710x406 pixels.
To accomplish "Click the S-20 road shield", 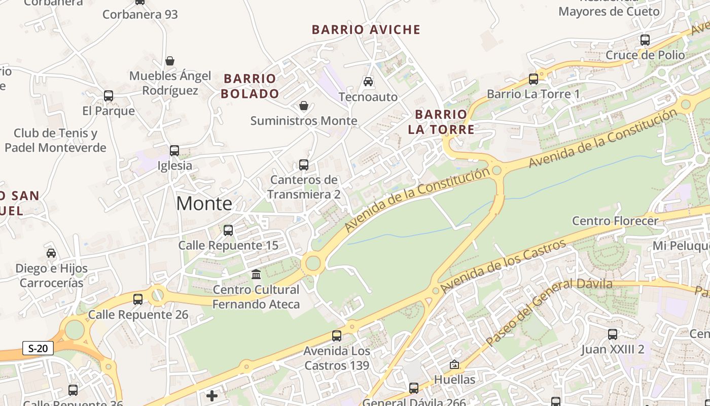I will pos(38,348).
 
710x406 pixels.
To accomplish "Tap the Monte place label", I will pos(204,204).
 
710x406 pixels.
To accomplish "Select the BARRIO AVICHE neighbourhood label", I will pos(366,29).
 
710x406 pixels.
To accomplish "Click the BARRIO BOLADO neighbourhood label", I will pos(250,86).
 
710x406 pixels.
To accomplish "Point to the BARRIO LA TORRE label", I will pos(441,122).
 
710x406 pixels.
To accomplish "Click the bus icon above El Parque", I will pos(108,96).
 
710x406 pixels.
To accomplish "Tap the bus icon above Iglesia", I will pos(174,151).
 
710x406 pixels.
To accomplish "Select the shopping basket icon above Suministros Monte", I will pos(304,106).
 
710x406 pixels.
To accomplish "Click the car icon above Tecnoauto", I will pos(368,81).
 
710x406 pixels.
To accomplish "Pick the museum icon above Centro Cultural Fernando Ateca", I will pos(256,275).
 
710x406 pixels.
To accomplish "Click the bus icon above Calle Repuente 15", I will pos(228,230).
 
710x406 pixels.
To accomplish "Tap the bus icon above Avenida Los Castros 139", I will pos(337,335).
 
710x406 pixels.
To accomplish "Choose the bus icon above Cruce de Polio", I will pos(645,40).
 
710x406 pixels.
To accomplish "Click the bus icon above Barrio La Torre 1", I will pos(534,79).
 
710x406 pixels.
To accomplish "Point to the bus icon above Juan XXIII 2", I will pos(613,334).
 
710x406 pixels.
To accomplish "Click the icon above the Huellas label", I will pos(454,364).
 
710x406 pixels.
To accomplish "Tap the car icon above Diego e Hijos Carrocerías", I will pos(51,253).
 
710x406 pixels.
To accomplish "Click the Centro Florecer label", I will pos(615,221).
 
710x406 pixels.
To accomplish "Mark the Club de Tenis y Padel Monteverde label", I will pos(55,141).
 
